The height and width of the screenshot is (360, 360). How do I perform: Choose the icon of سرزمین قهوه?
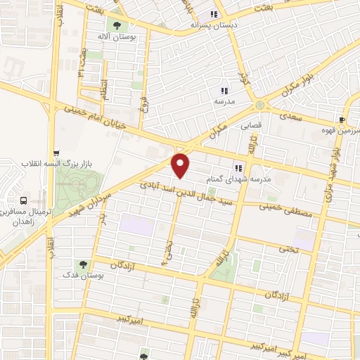[342, 120]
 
